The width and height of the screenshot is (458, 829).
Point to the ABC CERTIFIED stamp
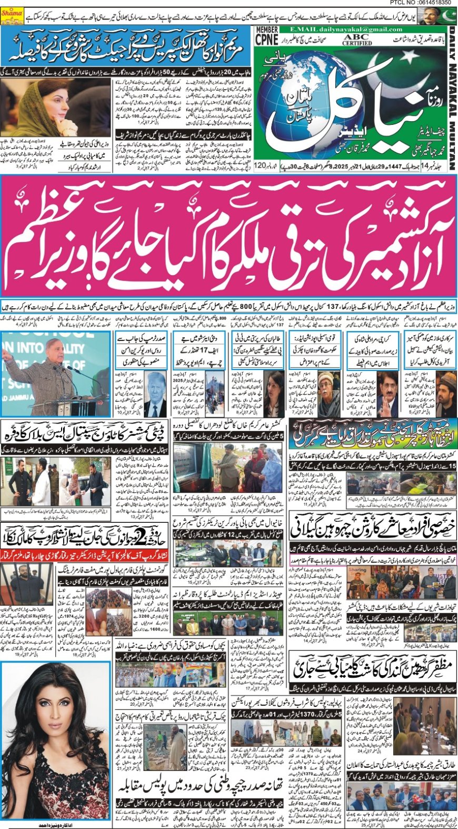pos(357,40)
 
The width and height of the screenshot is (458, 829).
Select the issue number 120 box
pos(260,167)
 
